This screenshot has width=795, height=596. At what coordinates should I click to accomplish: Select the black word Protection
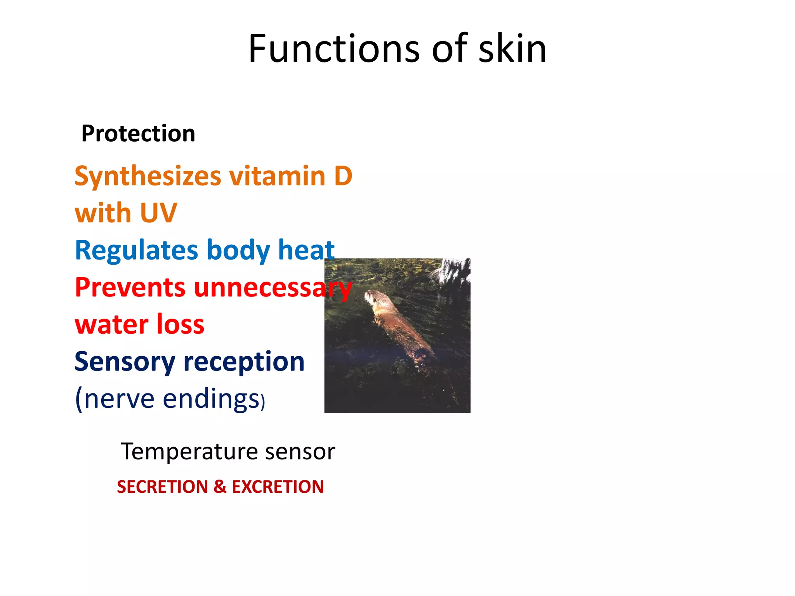138,133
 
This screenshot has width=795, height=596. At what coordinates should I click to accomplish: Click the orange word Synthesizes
148,177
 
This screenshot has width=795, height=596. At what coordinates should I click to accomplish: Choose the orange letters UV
158,213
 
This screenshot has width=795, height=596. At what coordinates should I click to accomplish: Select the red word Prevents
130,288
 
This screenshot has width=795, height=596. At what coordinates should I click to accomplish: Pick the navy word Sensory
125,362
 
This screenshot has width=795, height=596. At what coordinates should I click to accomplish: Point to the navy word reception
244,362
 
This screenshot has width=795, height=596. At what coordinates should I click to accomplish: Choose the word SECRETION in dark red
162,487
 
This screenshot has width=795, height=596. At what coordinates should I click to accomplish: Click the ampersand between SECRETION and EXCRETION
220,487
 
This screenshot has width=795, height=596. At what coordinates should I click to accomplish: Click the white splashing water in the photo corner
452,272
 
